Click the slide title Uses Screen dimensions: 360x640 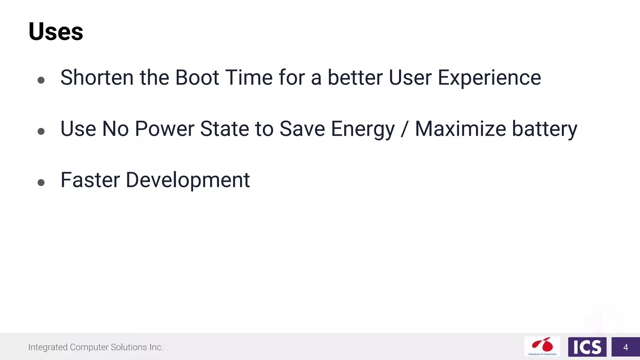point(56,32)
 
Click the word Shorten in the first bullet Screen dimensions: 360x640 point(97,77)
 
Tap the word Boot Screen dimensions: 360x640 point(197,77)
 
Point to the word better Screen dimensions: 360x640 point(355,77)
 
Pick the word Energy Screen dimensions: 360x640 point(363,129)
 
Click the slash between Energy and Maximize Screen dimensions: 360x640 point(405,129)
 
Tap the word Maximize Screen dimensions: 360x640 point(460,129)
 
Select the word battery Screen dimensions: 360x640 point(544,129)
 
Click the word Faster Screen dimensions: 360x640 point(90,180)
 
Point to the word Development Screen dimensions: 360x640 point(187,181)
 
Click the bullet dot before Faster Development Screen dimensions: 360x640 point(41,182)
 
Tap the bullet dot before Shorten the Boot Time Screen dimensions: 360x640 point(41,80)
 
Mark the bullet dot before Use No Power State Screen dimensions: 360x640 point(41,131)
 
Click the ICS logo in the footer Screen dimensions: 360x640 point(587,347)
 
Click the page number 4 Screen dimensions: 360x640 point(625,347)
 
